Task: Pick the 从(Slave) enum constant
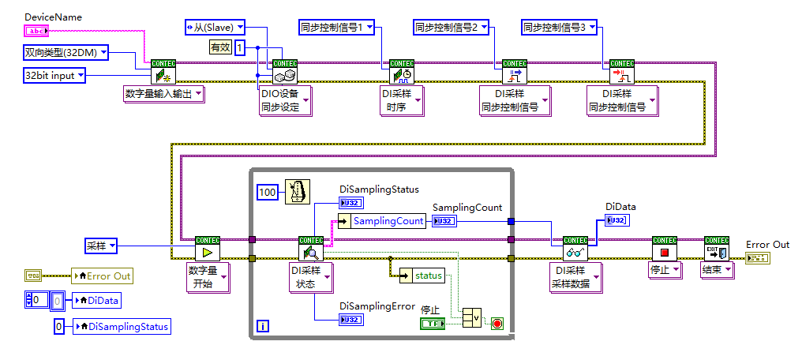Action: point(214,28)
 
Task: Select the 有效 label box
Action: point(219,48)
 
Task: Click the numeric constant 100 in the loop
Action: point(269,192)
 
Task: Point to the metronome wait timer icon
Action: point(298,191)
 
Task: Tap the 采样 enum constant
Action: point(101,247)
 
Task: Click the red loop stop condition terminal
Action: point(497,323)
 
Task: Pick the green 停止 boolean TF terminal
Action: point(432,323)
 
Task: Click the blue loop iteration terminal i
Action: point(263,325)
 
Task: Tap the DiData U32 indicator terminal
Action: point(616,220)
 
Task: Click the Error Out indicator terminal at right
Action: point(757,258)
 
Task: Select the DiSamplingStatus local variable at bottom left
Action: point(121,326)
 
